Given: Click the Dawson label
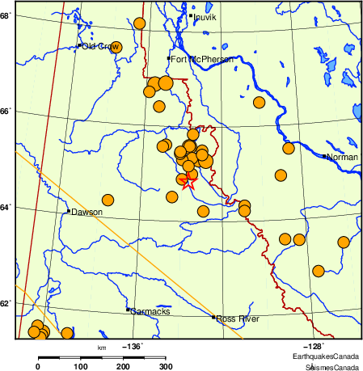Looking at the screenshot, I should pyautogui.click(x=86, y=212).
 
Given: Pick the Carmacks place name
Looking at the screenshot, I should pyautogui.click(x=147, y=310).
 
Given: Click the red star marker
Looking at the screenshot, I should pyautogui.click(x=189, y=183).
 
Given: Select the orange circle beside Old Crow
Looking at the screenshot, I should pyautogui.click(x=116, y=47).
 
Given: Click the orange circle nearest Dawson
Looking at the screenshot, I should pyautogui.click(x=108, y=200).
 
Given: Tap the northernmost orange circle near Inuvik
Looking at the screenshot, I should pyautogui.click(x=139, y=23).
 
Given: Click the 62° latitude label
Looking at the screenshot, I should pyautogui.click(x=6, y=303).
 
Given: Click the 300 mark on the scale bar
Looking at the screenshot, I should pyautogui.click(x=167, y=367).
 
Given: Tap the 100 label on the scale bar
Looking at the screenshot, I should pyautogui.click(x=80, y=367).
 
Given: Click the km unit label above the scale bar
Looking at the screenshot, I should pyautogui.click(x=102, y=348).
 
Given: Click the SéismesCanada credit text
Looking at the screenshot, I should pyautogui.click(x=331, y=366).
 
